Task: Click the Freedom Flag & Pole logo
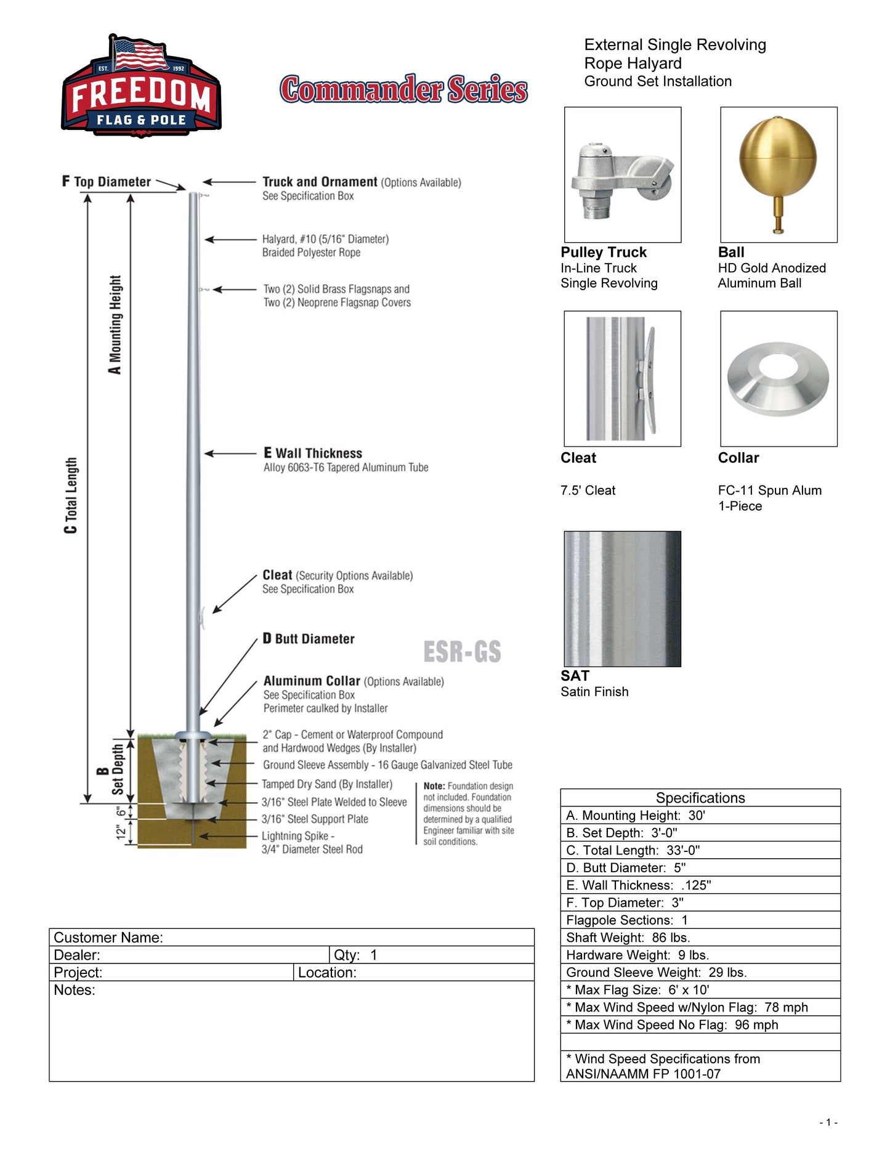click(141, 86)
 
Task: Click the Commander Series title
click(403, 89)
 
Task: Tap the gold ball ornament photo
click(779, 174)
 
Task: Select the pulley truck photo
click(622, 174)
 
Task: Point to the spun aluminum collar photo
click(779, 378)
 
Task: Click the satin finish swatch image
click(622, 598)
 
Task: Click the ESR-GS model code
click(462, 652)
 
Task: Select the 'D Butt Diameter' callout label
click(309, 639)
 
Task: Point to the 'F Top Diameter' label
click(107, 182)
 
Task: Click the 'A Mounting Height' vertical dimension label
click(115, 325)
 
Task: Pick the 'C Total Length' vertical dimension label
click(71, 495)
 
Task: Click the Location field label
click(327, 973)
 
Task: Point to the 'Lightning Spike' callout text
click(298, 836)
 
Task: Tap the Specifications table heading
click(700, 798)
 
